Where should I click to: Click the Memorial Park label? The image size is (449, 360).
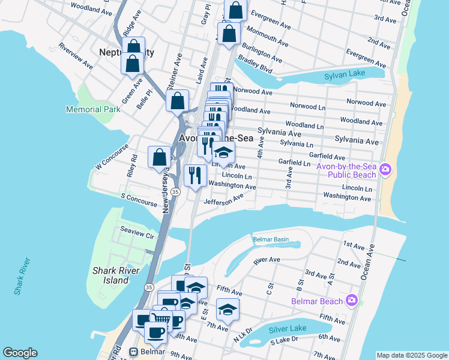pyautogui.click(x=93, y=109)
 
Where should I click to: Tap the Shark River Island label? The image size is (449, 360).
pyautogui.click(x=110, y=275)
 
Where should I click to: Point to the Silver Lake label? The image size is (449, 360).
pyautogui.click(x=288, y=329)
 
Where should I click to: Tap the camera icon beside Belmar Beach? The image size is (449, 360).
pyautogui.click(x=352, y=301)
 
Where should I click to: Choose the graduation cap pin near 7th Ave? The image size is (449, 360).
pyautogui.click(x=228, y=309)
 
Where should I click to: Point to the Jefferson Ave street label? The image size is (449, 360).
pyautogui.click(x=224, y=200)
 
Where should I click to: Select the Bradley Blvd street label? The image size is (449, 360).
pyautogui.click(x=255, y=64)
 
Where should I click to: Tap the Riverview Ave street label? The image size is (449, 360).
pyautogui.click(x=76, y=55)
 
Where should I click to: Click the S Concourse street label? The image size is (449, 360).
pyautogui.click(x=139, y=196)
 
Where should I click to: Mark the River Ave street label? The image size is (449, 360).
pyautogui.click(x=267, y=260)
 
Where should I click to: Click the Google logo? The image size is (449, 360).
pyautogui.click(x=20, y=353)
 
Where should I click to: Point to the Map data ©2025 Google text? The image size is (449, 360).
pyautogui.click(x=411, y=355)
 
